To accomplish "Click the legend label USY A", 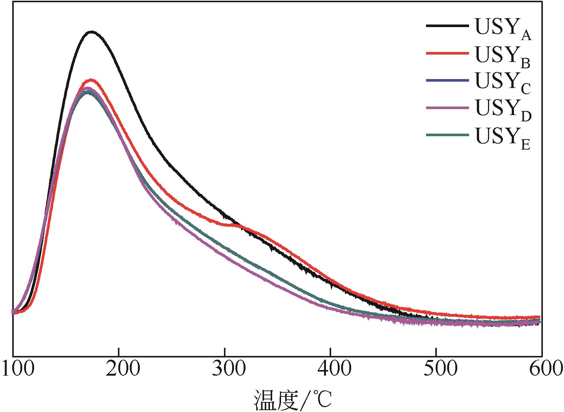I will click(503, 29).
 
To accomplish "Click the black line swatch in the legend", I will click(447, 26).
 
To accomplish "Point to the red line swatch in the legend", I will click(447, 53).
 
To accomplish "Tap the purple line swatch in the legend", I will click(447, 108).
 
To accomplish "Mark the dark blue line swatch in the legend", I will click(447, 81).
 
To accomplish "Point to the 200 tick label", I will click(119, 370).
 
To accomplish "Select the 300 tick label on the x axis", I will click(225, 370).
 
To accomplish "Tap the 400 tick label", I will click(330, 370).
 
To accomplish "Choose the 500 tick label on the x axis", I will click(436, 370).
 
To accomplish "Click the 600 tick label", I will click(541, 370).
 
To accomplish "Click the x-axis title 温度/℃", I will click(293, 399).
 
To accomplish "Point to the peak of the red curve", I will click(90, 80).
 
